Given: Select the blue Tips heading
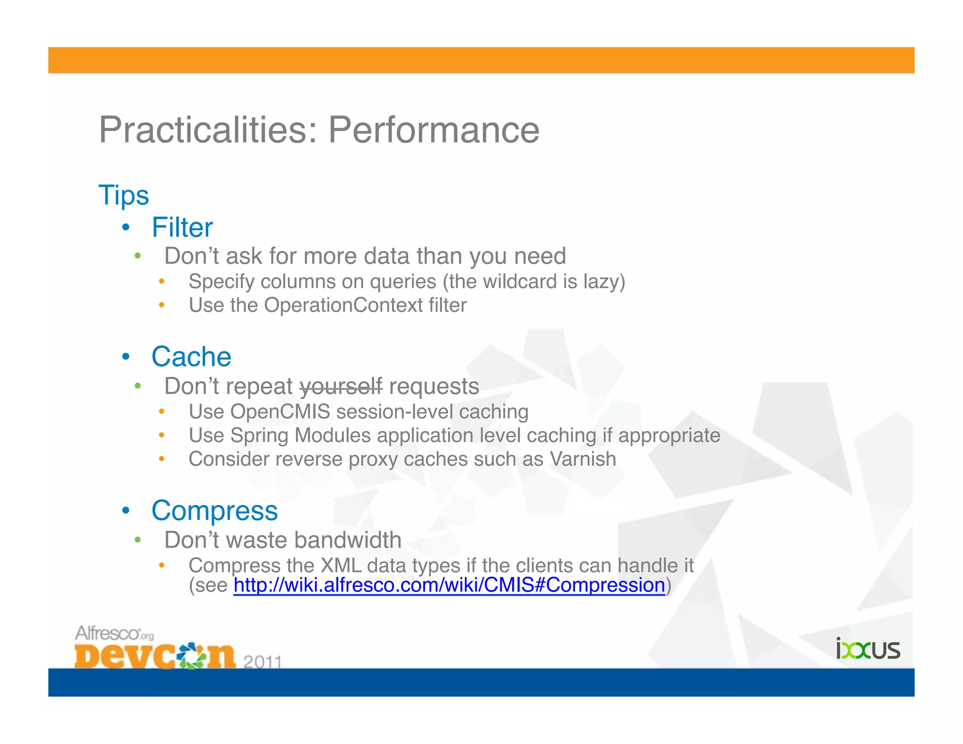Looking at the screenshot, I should tap(124, 195).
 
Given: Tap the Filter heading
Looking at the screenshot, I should tap(182, 228).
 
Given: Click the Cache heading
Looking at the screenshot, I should tap(191, 356).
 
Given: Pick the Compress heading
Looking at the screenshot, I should tap(214, 510).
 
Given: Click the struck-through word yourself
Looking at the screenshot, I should tap(341, 387).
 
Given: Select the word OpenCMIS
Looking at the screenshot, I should tap(280, 412).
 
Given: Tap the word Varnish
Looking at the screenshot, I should tap(583, 459).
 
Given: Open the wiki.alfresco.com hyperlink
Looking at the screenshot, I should tap(449, 585).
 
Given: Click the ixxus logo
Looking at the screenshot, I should tap(868, 649).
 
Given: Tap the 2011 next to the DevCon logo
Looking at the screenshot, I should tap(262, 662).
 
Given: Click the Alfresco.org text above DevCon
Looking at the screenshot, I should tap(114, 633).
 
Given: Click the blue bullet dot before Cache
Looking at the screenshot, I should tap(126, 356).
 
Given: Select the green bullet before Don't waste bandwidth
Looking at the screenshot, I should tap(138, 540).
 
